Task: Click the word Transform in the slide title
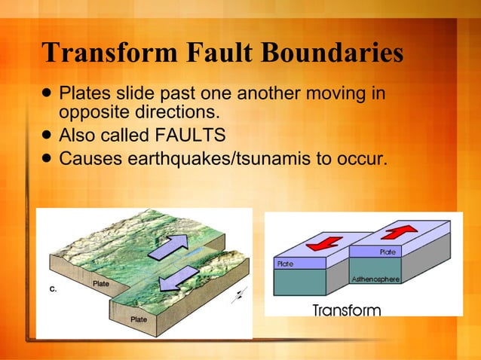97,54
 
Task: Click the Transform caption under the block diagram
347,310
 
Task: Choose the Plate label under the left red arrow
285,264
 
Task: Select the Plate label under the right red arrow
387,252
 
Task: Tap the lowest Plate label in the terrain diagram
139,319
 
